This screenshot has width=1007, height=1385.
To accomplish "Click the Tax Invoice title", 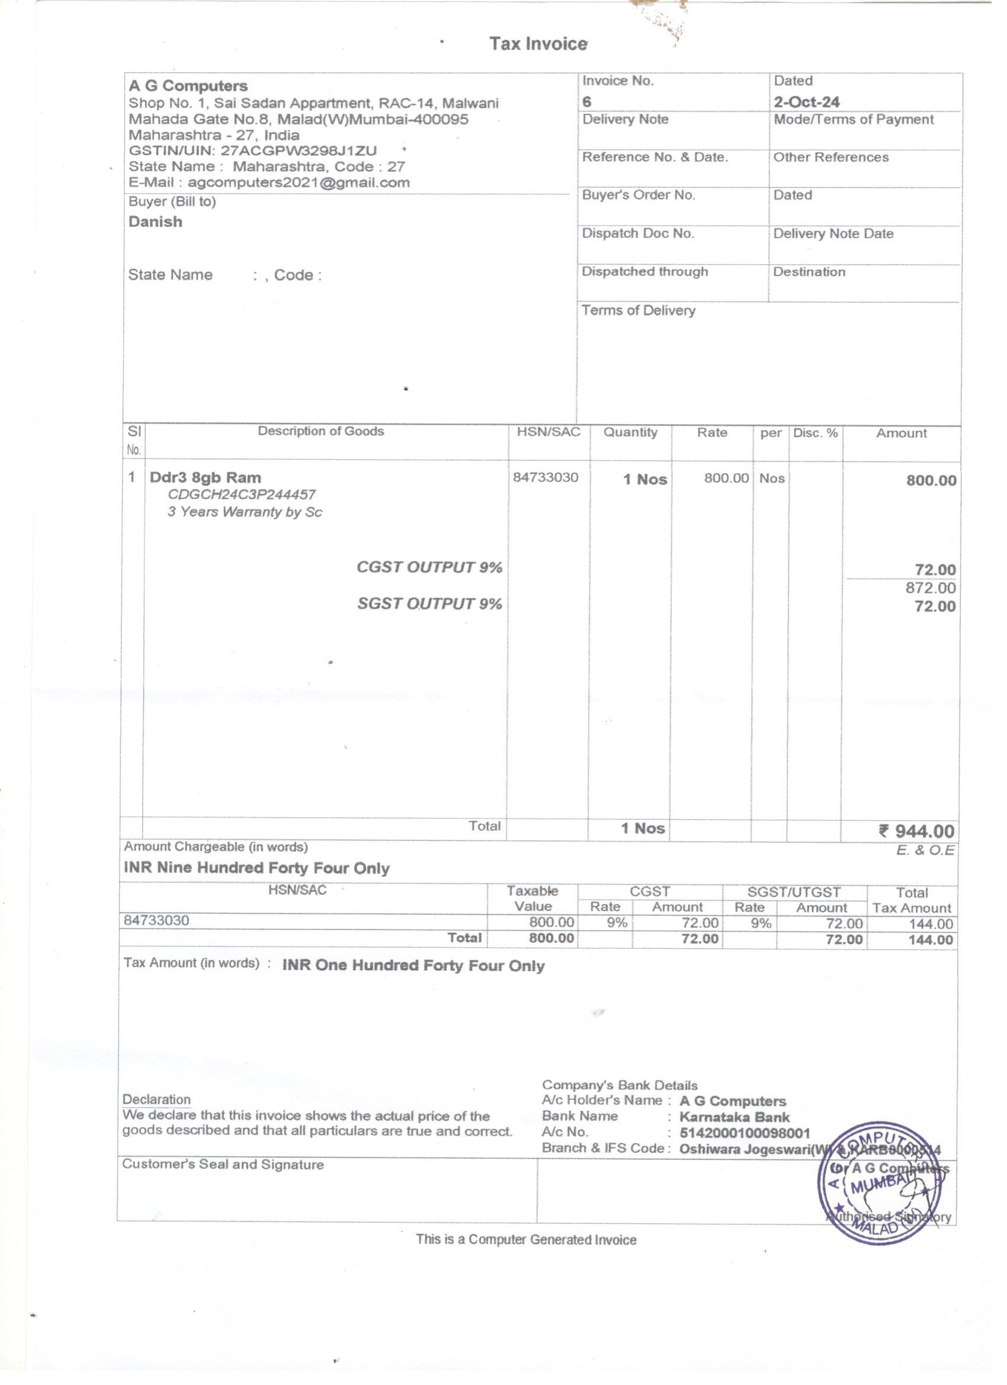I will tap(537, 44).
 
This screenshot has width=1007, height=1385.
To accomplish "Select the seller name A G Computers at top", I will tap(188, 85).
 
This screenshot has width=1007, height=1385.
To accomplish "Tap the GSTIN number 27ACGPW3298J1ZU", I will tap(298, 150).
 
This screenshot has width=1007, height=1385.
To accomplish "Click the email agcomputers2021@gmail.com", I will tap(298, 182).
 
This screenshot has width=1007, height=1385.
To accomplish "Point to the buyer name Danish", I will tap(155, 222).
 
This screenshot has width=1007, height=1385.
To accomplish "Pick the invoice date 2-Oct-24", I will tap(806, 101).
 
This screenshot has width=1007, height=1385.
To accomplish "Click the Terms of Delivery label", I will tap(638, 310).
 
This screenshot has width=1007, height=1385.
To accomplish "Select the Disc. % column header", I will tap(815, 432).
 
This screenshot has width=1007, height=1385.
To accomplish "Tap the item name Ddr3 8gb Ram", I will tap(205, 477).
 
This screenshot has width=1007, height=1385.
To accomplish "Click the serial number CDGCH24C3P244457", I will tap(242, 495).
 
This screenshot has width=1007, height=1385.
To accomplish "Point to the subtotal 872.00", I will tap(930, 588).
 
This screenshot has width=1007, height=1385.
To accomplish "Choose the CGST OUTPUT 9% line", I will tap(429, 568).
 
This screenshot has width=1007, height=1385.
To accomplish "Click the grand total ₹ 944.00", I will tap(916, 831).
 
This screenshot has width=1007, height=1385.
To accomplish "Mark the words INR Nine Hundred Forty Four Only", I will tap(256, 868).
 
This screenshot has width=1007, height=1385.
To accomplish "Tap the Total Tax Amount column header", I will tap(911, 900).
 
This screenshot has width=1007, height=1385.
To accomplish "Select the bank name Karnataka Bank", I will tap(734, 1117).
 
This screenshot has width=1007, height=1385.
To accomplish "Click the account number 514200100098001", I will tap(745, 1133).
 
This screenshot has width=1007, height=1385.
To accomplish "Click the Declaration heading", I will tap(156, 1099).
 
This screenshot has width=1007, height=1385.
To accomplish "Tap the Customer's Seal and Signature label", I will tap(223, 1165).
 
